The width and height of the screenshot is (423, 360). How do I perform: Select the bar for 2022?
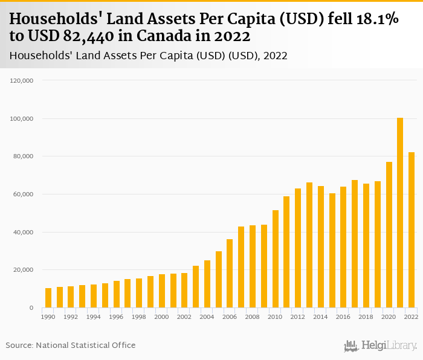tap(412, 230)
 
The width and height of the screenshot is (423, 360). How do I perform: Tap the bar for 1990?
tap(48, 298)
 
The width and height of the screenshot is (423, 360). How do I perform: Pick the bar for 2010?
tap(275, 259)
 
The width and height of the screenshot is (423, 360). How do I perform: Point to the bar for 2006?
tap(230, 274)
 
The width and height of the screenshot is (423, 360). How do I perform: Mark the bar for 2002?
tap(184, 291)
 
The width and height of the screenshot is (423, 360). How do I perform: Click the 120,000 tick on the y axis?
tap(22, 80)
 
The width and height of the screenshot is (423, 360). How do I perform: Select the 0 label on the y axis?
tap(30, 308)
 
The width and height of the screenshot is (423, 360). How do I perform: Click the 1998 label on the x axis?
tap(139, 316)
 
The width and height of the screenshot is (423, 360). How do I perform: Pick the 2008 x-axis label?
tap(253, 316)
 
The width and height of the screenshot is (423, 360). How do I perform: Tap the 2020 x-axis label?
tap(389, 316)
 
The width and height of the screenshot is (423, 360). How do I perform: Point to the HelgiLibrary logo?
tap(381, 346)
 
